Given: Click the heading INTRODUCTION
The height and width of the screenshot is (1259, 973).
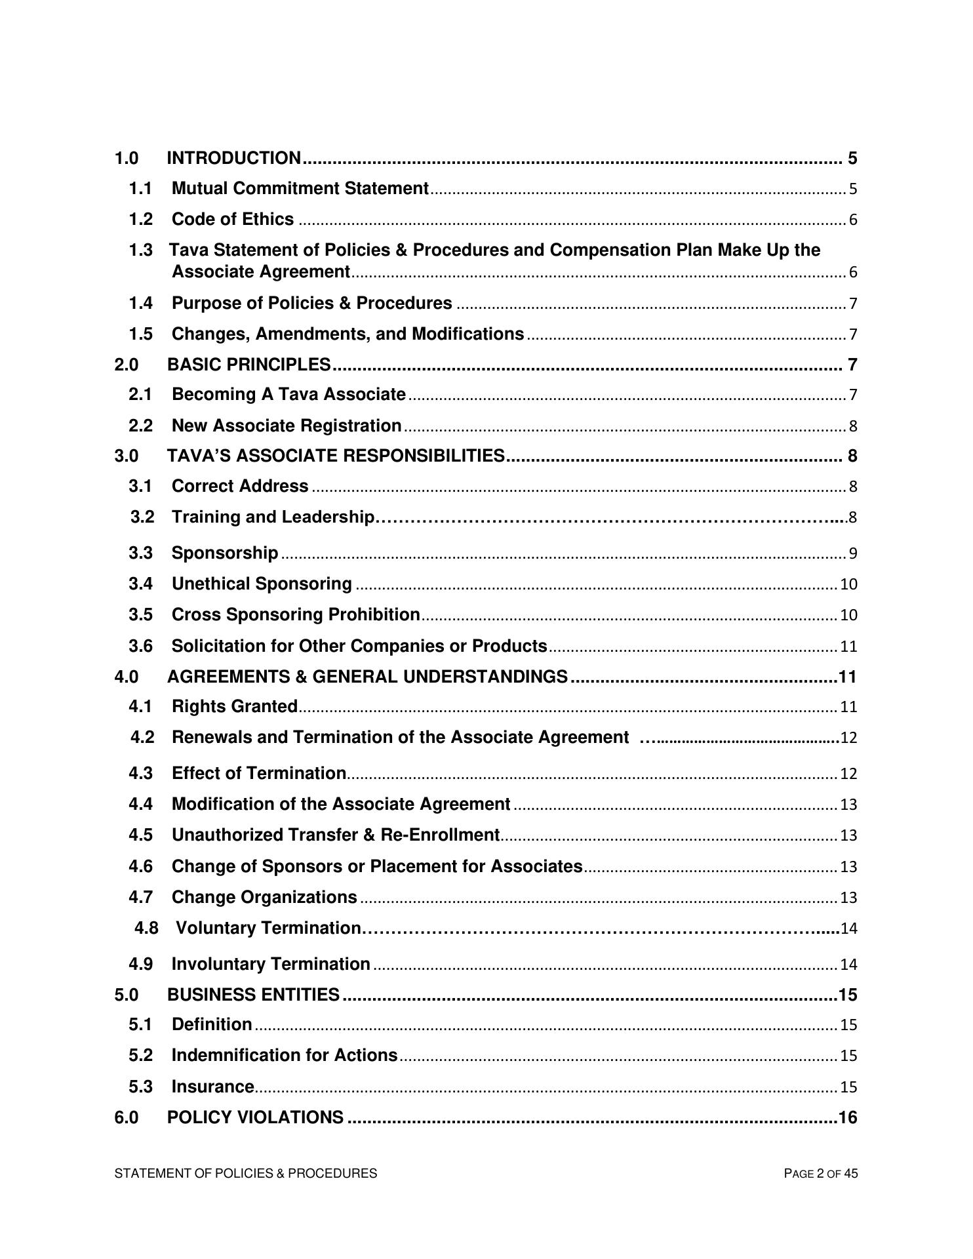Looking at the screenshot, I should tap(233, 158).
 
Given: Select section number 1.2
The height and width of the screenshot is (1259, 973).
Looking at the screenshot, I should tap(140, 219).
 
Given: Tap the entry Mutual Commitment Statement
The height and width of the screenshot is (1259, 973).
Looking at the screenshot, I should tap(300, 189).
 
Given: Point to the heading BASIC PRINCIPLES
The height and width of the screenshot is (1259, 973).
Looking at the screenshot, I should tap(248, 364).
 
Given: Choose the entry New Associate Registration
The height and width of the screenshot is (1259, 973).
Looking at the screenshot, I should tap(286, 426).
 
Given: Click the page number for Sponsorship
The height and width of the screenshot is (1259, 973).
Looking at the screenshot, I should tap(852, 553).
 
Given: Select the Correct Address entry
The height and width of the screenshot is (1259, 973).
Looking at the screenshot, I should tap(239, 486).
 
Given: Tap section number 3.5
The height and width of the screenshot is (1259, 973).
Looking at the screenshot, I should tap(140, 614).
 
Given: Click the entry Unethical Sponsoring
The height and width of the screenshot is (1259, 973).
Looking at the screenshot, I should tap(262, 584).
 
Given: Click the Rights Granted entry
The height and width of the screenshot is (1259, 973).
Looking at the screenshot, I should tap(234, 706).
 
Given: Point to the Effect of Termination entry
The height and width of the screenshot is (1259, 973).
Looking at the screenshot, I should tap(258, 773).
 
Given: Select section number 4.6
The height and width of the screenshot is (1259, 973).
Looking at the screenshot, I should tap(140, 866).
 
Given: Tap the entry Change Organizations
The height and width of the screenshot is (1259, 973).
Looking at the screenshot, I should tap(264, 897).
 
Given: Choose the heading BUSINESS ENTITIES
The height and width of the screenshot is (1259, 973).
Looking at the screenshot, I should tap(253, 995).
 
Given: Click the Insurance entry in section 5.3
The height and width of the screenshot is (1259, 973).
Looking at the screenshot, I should tap(212, 1087).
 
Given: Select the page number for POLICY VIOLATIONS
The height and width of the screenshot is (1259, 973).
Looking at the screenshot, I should tap(847, 1117).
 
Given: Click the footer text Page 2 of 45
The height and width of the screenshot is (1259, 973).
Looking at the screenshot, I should tap(820, 1174).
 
